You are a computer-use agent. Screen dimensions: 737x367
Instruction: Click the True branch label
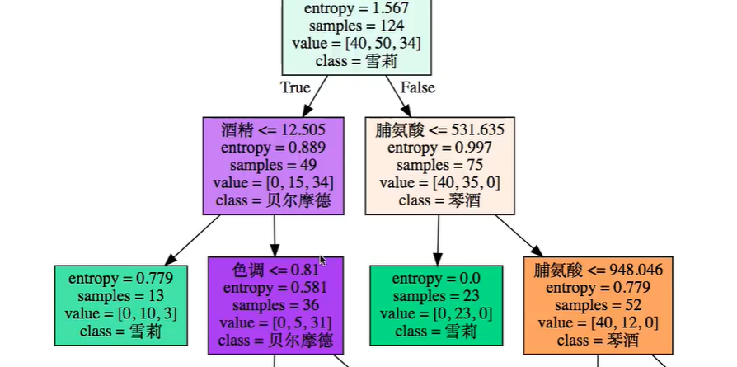click(x=295, y=87)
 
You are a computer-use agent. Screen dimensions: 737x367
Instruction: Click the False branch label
click(x=417, y=87)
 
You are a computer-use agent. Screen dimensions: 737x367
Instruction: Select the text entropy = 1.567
click(x=356, y=8)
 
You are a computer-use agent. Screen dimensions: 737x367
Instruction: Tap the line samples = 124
click(x=356, y=26)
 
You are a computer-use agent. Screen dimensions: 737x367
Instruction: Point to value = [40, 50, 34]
click(x=356, y=43)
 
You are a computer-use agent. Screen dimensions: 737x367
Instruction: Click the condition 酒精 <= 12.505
click(x=273, y=129)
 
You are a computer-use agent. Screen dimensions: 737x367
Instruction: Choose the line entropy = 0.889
click(x=273, y=148)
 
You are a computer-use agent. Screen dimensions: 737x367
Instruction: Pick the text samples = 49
click(x=273, y=165)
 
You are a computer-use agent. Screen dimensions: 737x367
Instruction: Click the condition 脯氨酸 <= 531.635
click(x=440, y=129)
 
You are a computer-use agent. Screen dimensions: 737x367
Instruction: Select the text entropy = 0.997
click(x=440, y=148)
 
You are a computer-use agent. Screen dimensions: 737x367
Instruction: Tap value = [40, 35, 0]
click(x=440, y=183)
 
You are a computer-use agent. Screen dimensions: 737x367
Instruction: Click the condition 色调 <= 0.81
click(x=275, y=270)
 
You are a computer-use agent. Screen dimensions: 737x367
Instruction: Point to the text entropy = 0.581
click(x=275, y=288)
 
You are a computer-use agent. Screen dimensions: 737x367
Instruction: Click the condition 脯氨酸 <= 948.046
click(x=599, y=270)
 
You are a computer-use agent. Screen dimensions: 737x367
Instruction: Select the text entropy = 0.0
click(x=436, y=278)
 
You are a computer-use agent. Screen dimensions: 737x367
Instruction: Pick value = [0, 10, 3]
click(x=121, y=314)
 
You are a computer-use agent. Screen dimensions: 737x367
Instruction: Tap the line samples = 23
click(x=436, y=296)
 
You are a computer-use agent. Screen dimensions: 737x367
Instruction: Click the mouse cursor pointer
click(x=323, y=261)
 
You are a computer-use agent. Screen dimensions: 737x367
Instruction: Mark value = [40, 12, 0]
click(x=599, y=322)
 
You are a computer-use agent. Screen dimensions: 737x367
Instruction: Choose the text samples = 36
click(x=275, y=305)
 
